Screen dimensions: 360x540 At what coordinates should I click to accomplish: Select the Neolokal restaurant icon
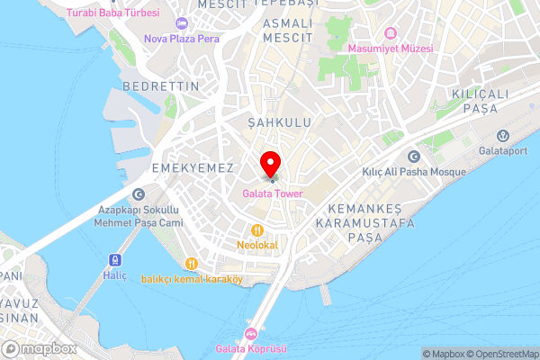tap(256, 229)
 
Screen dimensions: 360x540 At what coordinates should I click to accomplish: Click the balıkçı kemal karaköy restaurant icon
tap(191, 263)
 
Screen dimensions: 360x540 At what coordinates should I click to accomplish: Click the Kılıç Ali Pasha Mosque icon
tap(414, 156)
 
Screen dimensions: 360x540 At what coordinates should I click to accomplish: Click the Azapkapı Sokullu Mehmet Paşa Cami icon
tap(138, 193)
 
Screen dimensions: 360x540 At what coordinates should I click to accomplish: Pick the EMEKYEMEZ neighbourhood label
tap(193, 168)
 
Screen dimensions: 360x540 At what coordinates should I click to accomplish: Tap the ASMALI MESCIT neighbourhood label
tap(287, 30)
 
